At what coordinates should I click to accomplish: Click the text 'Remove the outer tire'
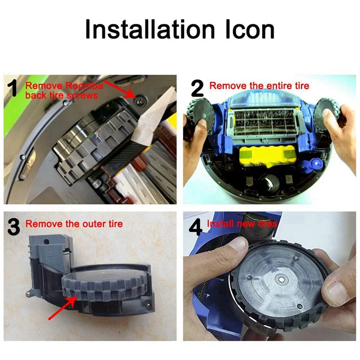[x=74, y=224]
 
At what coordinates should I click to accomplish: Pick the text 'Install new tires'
[x=242, y=224]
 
